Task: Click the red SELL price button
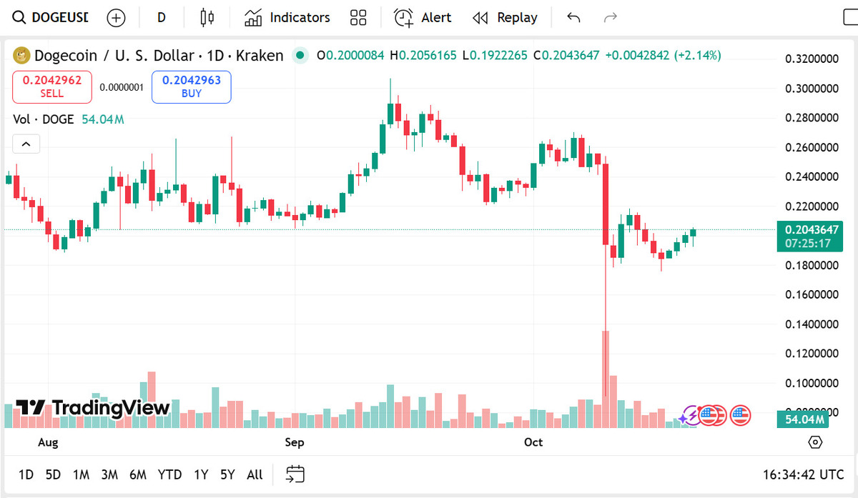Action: click(x=51, y=86)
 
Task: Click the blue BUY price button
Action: click(x=191, y=86)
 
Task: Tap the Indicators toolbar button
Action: click(x=287, y=18)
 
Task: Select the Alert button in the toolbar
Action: click(x=423, y=18)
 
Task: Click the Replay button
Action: click(x=506, y=18)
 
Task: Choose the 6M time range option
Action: click(x=138, y=474)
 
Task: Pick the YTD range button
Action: click(x=169, y=474)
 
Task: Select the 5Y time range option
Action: click(x=227, y=474)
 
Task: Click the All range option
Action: click(x=255, y=474)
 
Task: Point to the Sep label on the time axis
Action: click(x=295, y=442)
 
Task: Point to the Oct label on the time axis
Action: click(x=533, y=442)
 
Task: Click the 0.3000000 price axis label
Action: click(x=812, y=89)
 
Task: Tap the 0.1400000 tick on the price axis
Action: click(x=812, y=324)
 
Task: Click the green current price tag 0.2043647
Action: click(x=812, y=230)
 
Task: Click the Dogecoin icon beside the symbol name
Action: click(x=22, y=55)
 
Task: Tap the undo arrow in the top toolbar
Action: click(x=573, y=18)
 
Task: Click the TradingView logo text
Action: click(x=93, y=408)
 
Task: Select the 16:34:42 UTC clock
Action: click(x=804, y=474)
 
